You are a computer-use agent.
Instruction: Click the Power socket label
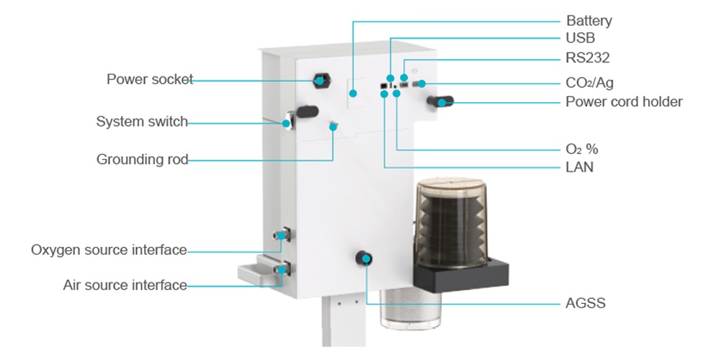[150, 79]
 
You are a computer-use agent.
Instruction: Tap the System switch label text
[142, 122]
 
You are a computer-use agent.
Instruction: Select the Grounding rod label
[142, 159]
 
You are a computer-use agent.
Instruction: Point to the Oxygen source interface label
[109, 250]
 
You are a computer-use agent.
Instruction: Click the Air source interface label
[125, 285]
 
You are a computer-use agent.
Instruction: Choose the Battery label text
[588, 21]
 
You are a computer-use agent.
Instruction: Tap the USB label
[581, 39]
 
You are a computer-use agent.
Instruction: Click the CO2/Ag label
[590, 83]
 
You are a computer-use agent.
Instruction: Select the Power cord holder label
[624, 102]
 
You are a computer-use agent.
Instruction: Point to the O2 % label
[582, 150]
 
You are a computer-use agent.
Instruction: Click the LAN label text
[580, 168]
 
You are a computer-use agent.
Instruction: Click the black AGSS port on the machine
[366, 259]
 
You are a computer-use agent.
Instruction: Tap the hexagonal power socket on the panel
[319, 80]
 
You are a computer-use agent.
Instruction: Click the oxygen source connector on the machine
[282, 234]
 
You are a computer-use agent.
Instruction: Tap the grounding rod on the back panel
[333, 127]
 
